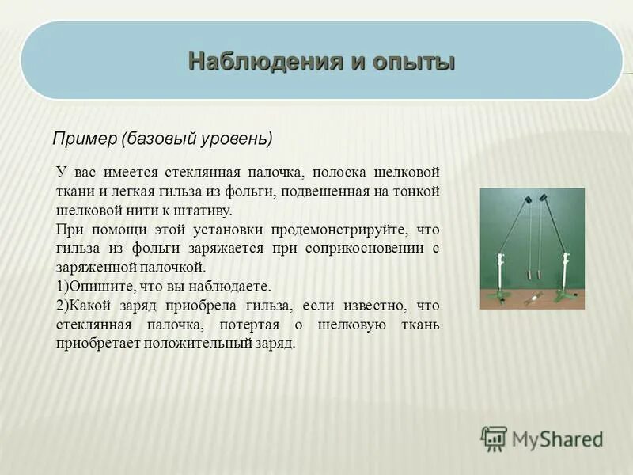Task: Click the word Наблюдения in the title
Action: (x=255, y=61)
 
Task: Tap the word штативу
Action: (x=207, y=211)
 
